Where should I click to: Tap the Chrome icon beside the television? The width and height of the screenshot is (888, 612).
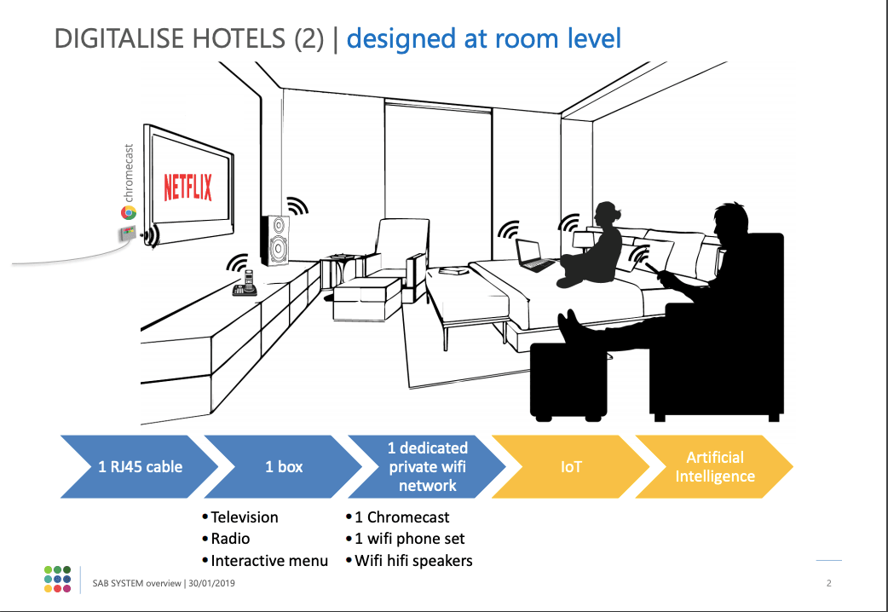pos(129,213)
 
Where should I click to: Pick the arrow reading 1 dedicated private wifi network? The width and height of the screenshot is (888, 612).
pos(427,466)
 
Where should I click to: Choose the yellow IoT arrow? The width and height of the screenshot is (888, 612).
pos(571,466)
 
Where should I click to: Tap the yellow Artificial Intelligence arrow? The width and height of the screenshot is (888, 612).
pos(715,466)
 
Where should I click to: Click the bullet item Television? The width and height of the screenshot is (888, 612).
pos(244,517)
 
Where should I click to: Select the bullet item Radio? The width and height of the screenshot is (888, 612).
pos(230,539)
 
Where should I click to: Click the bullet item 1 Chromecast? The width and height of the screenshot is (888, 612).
pos(401,517)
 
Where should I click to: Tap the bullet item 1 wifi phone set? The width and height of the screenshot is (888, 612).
pos(409,539)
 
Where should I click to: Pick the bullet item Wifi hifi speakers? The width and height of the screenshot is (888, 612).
pos(412,560)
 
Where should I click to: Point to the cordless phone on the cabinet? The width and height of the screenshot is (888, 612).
pos(246,285)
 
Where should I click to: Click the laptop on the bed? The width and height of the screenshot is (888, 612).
pos(534,255)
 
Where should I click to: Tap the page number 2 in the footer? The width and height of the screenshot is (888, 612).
pos(828,584)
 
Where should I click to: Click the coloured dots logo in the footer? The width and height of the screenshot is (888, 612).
pos(57,578)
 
